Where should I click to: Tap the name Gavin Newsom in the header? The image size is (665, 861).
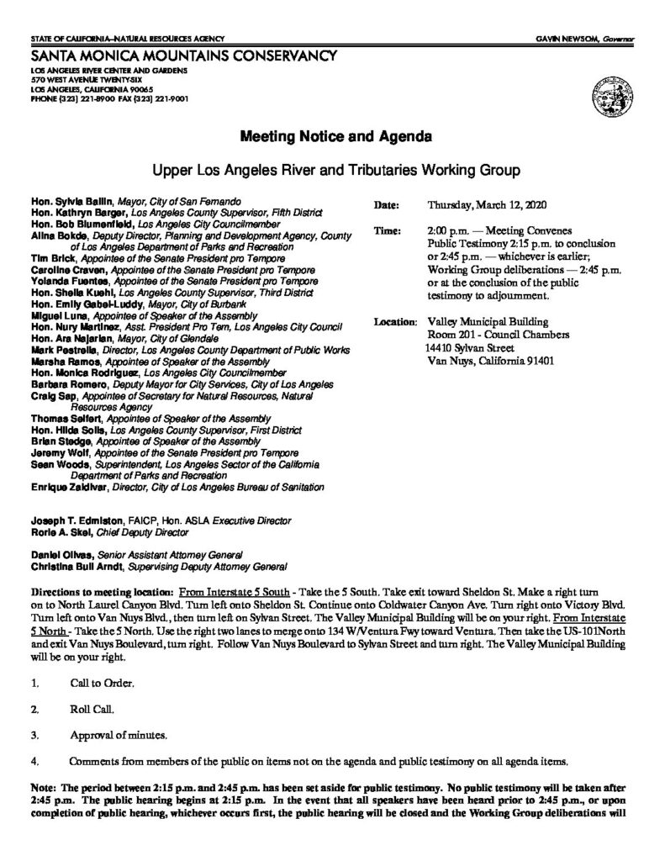pyautogui.click(x=572, y=40)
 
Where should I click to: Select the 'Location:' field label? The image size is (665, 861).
pyautogui.click(x=393, y=321)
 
